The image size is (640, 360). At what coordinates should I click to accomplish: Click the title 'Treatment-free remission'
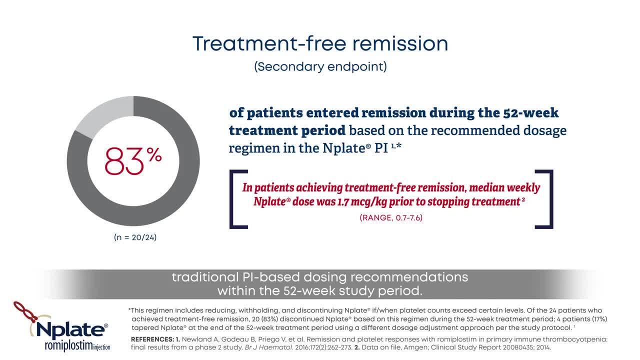(x=320, y=43)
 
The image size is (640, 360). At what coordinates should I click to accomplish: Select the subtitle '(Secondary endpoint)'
(x=320, y=67)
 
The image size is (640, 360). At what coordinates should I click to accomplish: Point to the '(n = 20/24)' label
(x=135, y=237)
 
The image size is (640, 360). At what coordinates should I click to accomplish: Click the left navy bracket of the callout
(x=233, y=199)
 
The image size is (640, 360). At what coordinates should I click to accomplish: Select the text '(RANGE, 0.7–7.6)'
(x=391, y=217)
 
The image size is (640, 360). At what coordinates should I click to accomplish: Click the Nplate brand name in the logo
(x=70, y=330)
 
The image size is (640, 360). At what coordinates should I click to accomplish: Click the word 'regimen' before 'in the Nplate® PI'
(x=247, y=149)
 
